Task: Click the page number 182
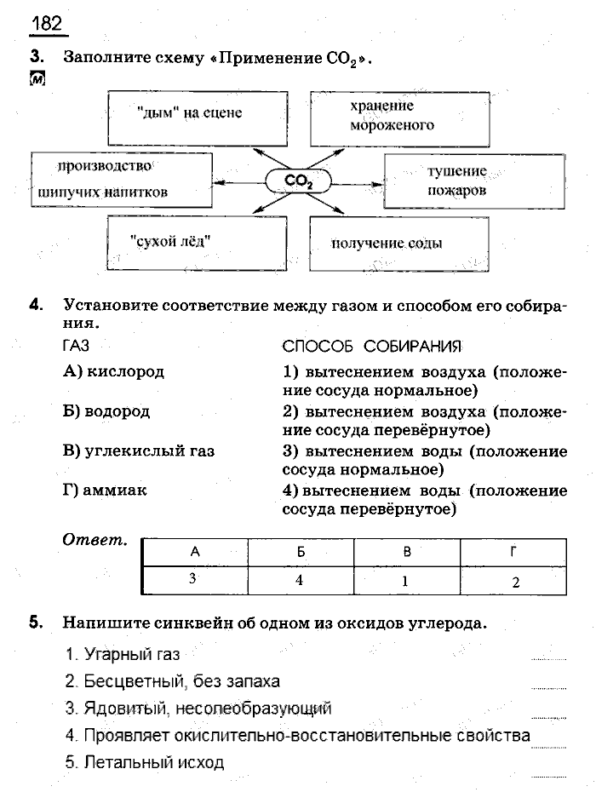click(x=48, y=23)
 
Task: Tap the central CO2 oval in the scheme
click(x=299, y=181)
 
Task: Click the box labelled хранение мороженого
click(x=399, y=117)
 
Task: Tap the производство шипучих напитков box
click(x=122, y=180)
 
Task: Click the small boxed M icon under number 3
click(x=37, y=79)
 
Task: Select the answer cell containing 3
click(x=194, y=579)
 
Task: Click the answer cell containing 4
click(x=301, y=580)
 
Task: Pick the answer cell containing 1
click(x=407, y=582)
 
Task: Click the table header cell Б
click(x=301, y=552)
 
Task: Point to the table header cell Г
click(x=513, y=552)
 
